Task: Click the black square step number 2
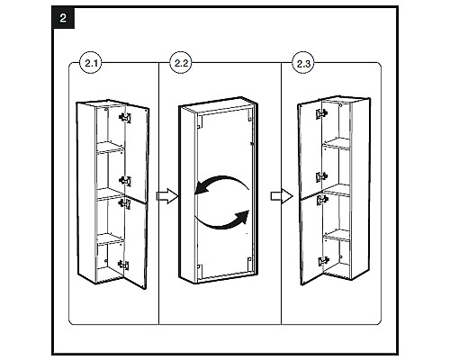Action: click(x=63, y=18)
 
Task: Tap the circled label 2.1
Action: click(x=91, y=63)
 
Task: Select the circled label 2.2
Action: click(x=181, y=63)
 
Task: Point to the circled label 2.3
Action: click(x=303, y=63)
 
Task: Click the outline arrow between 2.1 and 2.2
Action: click(x=167, y=196)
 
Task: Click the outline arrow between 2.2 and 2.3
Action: click(x=282, y=196)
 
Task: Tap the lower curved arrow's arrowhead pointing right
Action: click(x=242, y=217)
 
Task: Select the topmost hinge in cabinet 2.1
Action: click(x=125, y=117)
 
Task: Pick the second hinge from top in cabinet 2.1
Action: click(x=125, y=181)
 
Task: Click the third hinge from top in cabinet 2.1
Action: click(x=125, y=203)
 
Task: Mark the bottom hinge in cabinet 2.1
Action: click(x=123, y=265)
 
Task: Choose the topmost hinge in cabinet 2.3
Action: click(x=321, y=113)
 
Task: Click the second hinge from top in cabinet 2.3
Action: click(x=321, y=177)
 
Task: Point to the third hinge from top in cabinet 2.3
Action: click(x=322, y=200)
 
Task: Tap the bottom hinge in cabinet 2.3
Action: click(x=323, y=261)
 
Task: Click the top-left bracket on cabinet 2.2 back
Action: click(x=200, y=122)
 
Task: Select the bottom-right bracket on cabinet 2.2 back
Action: click(x=249, y=261)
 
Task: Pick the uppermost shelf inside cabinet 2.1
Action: click(x=110, y=148)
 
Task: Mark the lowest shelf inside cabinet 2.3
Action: click(x=337, y=234)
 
